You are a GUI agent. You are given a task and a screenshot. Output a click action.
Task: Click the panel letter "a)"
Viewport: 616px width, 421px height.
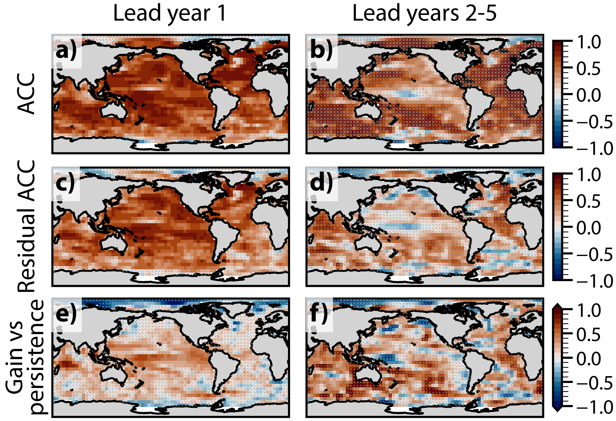tap(66, 51)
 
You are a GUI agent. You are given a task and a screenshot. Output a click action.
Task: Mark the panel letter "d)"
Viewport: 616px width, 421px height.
tap(321, 183)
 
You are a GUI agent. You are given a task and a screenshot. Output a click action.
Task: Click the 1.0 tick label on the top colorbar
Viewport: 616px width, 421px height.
tap(589, 42)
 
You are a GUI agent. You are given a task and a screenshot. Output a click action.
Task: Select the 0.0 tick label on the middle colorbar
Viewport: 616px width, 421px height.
tap(589, 228)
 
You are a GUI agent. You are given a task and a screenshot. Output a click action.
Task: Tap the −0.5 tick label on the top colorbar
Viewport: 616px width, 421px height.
tap(594, 122)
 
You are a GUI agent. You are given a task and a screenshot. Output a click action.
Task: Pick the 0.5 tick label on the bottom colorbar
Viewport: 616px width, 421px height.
tap(589, 334)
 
